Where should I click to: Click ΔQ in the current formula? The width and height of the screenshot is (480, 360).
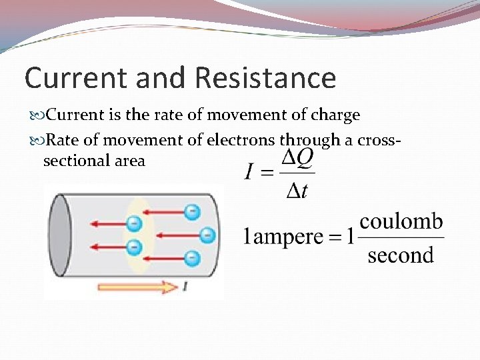(296, 159)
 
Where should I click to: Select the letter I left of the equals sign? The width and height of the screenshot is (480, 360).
(249, 173)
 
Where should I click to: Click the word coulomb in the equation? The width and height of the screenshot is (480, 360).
(401, 221)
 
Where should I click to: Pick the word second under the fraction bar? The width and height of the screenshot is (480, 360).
(400, 255)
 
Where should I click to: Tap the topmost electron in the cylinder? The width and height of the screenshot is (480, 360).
(192, 212)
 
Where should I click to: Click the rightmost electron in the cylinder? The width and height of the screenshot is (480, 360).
(207, 235)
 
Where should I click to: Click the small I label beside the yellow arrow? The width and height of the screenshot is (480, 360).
(185, 287)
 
